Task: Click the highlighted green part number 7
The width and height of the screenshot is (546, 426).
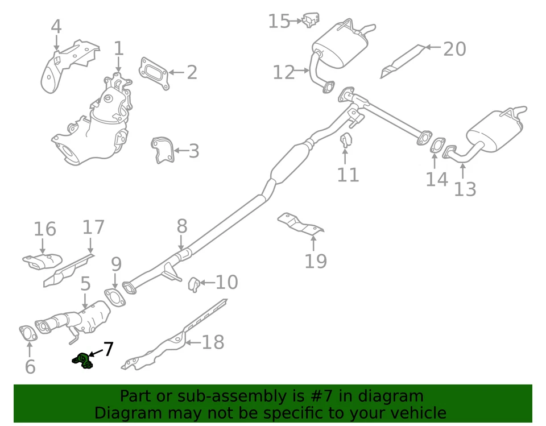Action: [82, 359]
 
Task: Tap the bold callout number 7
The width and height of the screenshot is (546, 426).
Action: [107, 349]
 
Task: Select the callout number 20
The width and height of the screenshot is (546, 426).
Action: [454, 49]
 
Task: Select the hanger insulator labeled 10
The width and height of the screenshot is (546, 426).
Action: [193, 283]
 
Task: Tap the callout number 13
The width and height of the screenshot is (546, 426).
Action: [465, 188]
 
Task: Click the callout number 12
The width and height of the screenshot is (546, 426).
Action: [283, 72]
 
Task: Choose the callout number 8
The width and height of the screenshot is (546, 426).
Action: [181, 226]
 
